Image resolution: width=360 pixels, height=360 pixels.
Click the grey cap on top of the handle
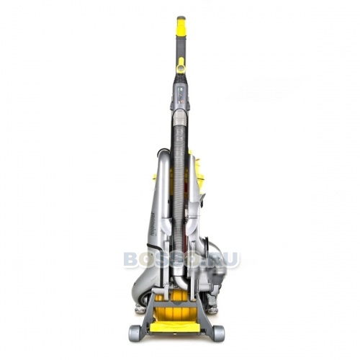181,18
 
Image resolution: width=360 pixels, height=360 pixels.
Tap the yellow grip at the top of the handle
181,27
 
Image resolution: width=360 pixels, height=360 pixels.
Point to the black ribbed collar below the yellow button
181,77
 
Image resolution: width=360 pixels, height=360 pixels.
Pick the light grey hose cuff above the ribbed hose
179,119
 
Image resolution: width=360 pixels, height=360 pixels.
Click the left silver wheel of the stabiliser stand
135,332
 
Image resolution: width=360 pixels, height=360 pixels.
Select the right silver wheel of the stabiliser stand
218,332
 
